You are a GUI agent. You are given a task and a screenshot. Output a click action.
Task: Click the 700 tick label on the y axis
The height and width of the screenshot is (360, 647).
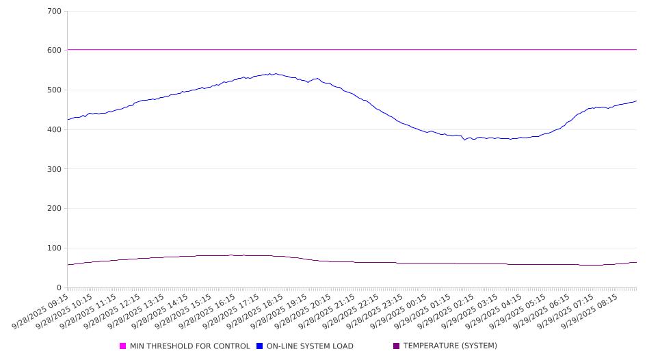pyautogui.click(x=55, y=12)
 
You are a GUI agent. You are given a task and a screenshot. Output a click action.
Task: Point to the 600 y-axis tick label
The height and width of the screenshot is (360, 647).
pyautogui.click(x=55, y=51)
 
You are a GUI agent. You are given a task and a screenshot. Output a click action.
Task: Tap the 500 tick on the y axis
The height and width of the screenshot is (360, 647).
pyautogui.click(x=55, y=90)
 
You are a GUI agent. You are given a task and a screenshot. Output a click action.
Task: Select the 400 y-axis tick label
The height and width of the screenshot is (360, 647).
pyautogui.click(x=55, y=130)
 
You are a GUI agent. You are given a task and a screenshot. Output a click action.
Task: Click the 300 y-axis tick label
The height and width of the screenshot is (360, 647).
pyautogui.click(x=55, y=169)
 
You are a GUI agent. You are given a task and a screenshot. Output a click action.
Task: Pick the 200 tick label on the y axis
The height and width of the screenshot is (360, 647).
pyautogui.click(x=55, y=209)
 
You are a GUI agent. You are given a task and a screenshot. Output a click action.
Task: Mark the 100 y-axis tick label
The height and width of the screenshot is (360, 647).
pyautogui.click(x=55, y=248)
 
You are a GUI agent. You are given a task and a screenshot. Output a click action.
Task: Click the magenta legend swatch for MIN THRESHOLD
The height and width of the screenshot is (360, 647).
pyautogui.click(x=123, y=346)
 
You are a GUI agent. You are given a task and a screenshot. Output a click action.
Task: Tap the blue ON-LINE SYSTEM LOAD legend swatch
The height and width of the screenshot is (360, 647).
pyautogui.click(x=260, y=346)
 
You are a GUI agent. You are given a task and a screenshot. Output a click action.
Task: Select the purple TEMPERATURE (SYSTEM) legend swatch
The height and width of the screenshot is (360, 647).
pyautogui.click(x=397, y=346)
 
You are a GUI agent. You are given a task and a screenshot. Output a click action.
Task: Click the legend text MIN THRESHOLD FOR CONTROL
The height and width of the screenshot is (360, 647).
pyautogui.click(x=190, y=346)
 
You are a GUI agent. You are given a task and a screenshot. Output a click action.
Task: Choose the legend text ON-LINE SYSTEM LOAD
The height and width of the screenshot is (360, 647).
pyautogui.click(x=310, y=346)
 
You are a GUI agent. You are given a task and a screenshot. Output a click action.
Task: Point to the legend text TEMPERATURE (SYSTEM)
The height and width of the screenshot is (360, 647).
pyautogui.click(x=450, y=346)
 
